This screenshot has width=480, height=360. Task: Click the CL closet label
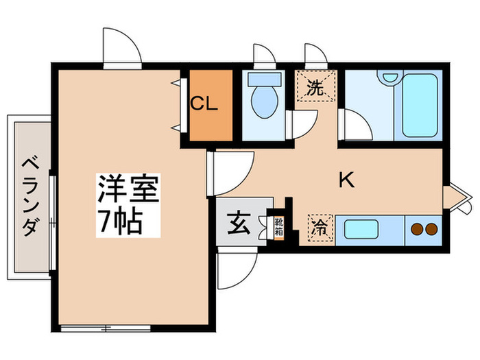click(204, 104)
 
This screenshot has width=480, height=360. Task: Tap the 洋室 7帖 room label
click(128, 206)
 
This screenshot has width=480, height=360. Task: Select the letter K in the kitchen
click(346, 180)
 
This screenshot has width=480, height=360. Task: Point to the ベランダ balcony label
click(32, 196)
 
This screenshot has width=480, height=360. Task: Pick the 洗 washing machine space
click(315, 87)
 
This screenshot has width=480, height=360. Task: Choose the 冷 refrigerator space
click(320, 228)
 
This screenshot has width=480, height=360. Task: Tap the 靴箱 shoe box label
click(278, 227)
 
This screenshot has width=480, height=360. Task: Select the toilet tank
click(265, 80)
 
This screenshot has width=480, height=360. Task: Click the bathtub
click(420, 106)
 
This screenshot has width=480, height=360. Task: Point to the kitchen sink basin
click(361, 229)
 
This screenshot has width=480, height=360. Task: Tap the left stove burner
click(416, 229)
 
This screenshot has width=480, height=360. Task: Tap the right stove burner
click(431, 229)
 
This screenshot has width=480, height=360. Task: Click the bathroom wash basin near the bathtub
click(389, 77)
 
